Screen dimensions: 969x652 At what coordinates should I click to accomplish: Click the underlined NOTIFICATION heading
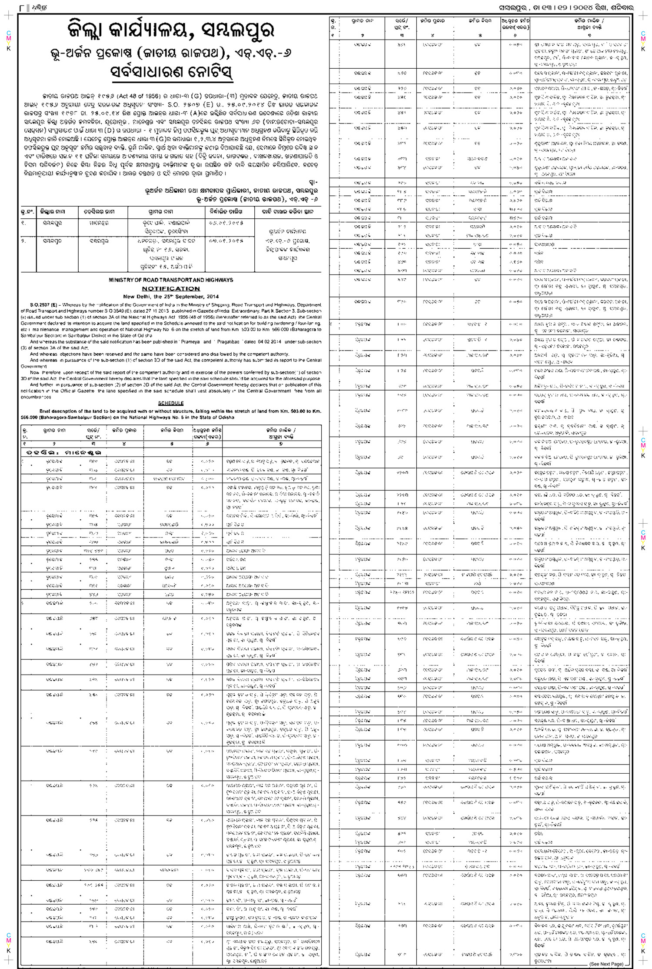tap(171, 288)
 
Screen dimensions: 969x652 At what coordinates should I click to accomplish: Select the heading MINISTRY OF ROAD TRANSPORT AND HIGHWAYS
tap(171, 280)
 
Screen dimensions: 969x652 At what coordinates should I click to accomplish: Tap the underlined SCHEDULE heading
tap(171, 403)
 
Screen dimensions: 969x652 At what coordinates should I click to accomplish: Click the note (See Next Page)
tap(606, 964)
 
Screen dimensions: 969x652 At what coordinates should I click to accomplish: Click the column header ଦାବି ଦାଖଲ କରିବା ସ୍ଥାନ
tap(287, 212)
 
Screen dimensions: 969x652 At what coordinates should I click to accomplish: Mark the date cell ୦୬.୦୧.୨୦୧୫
tap(226, 223)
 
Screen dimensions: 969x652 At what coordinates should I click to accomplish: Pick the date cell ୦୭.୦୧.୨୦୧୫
tap(226, 241)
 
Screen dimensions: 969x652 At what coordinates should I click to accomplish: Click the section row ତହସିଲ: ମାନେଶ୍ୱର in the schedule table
tap(63, 452)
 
